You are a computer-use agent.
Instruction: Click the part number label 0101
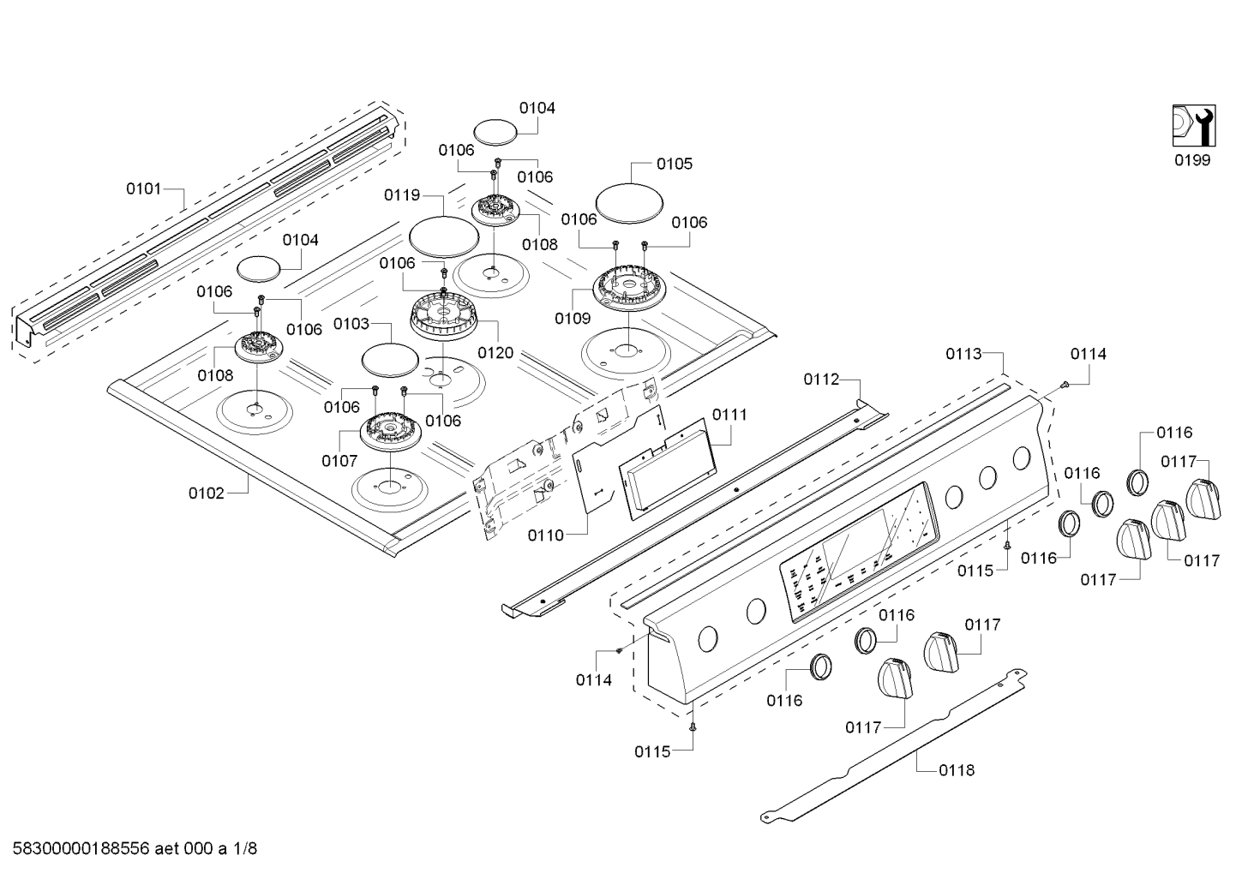tap(143, 189)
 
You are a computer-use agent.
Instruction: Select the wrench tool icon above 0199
tap(1194, 126)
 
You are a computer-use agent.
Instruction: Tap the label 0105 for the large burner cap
tap(675, 164)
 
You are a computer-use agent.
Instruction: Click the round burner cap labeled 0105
tap(630, 203)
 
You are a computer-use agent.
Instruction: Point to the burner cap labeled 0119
tap(444, 236)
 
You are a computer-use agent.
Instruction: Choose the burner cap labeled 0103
tap(390, 360)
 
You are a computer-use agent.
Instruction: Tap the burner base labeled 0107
tap(391, 431)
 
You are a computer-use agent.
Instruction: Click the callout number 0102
tap(207, 493)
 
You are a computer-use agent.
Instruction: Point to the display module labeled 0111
tap(668, 469)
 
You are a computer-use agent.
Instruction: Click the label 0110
tap(546, 535)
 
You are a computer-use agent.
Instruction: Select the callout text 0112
tap(821, 380)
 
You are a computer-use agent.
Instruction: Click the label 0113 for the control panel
tap(963, 354)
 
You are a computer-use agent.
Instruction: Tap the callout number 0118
tap(957, 770)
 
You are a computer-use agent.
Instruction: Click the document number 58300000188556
tap(81, 849)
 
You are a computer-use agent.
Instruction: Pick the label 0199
tap(1191, 160)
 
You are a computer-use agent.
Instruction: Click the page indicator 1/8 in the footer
tap(244, 849)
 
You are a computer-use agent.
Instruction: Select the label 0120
tap(495, 353)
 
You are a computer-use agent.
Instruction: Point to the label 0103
tap(351, 324)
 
